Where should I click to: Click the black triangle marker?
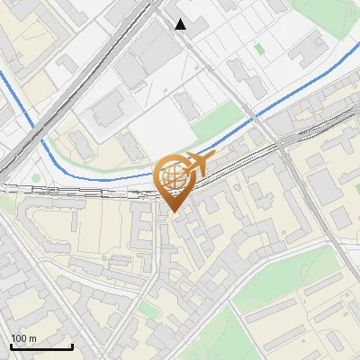pos(182,24)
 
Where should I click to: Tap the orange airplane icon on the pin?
pos(196,164)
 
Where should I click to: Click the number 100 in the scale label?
pos(19,338)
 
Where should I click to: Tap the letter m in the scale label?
pos(32,338)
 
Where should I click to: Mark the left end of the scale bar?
pos(11,346)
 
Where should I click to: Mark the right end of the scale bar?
pos(72,346)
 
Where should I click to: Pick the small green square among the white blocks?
pos(260,49)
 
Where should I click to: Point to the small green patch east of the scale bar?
pos(148,310)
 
